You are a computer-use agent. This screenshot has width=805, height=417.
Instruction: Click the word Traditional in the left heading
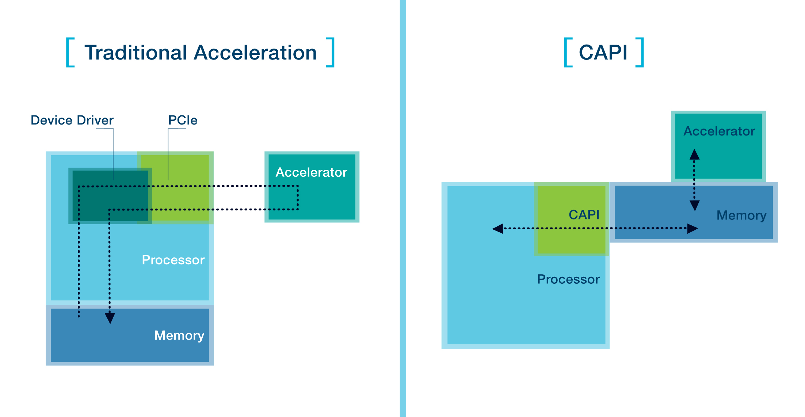[x=136, y=53]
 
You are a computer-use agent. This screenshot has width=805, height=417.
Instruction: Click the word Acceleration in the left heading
[x=255, y=53]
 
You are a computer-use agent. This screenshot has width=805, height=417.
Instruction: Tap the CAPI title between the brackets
[x=603, y=52]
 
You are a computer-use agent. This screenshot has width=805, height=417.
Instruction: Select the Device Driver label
[x=72, y=120]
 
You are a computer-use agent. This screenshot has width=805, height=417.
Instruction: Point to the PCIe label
[x=183, y=120]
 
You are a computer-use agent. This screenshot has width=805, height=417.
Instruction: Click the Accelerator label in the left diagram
[x=311, y=172]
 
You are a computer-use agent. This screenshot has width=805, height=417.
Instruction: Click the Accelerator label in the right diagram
[x=719, y=131]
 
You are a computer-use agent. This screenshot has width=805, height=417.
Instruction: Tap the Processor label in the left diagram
[x=173, y=260]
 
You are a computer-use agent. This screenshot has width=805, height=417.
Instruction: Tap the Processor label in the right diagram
[x=568, y=279]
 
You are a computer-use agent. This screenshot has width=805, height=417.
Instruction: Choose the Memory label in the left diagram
[x=179, y=336]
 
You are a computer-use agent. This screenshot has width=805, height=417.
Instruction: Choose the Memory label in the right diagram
[x=741, y=215]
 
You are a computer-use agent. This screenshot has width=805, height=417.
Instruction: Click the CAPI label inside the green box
[x=584, y=215]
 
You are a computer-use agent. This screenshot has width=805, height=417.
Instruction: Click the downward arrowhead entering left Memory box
[x=110, y=318]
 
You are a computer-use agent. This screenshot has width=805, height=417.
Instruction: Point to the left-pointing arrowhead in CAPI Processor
[x=497, y=229]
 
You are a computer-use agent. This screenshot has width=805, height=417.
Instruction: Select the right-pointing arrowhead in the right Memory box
[x=693, y=229]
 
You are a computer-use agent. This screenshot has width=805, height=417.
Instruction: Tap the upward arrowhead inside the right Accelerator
[x=695, y=154]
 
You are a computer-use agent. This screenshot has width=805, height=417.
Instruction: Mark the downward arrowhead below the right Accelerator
[x=695, y=206]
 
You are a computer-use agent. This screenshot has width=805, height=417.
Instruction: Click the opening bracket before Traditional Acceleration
[x=70, y=52]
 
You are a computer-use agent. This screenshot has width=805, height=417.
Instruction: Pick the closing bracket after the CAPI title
[x=640, y=52]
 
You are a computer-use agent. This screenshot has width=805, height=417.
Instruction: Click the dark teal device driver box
[x=110, y=196]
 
